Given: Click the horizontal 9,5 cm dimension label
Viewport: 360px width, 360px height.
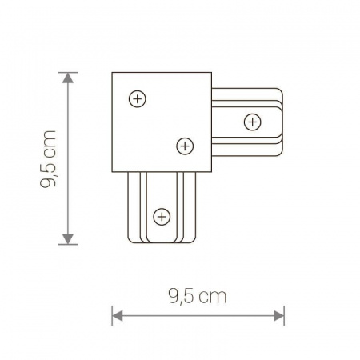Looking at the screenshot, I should [x=198, y=297].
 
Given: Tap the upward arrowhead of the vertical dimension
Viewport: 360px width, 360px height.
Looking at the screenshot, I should [x=68, y=78].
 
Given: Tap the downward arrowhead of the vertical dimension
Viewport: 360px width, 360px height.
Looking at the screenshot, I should [x=68, y=238].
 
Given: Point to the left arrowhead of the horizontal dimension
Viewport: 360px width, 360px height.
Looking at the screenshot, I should [x=117, y=314].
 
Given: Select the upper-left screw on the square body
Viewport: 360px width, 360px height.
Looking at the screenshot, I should [x=138, y=99].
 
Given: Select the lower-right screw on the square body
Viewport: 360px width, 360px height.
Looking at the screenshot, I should [x=184, y=146].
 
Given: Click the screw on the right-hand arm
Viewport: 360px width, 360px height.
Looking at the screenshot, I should [x=252, y=122].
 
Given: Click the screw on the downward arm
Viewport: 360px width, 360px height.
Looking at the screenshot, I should [x=162, y=216].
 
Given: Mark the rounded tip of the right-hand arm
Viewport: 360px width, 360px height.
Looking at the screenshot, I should [x=282, y=122].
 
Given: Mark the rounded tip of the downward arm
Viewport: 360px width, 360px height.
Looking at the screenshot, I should [x=162, y=242].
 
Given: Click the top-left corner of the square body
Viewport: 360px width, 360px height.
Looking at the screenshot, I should [x=113, y=74].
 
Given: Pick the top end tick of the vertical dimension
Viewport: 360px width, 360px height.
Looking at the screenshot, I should [x=68, y=73].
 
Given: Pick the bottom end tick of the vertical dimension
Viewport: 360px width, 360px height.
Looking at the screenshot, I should [x=68, y=243].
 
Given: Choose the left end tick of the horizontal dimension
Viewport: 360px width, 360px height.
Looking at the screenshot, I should [x=112, y=314].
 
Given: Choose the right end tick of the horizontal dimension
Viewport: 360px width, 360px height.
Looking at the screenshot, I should [x=284, y=314].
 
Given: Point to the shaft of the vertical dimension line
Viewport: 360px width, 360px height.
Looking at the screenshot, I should [x=68, y=160].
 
